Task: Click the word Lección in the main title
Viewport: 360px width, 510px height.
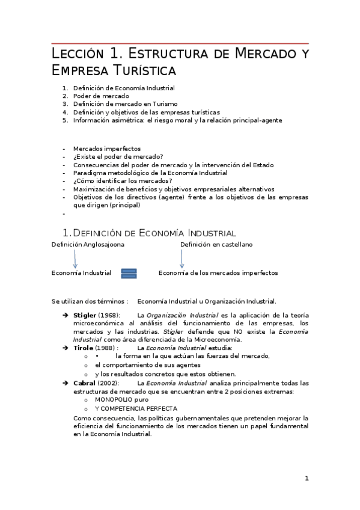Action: pyautogui.click(x=75, y=54)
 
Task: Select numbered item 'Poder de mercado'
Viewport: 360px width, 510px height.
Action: pyautogui.click(x=101, y=96)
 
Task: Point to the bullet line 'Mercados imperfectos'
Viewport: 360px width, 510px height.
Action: pyautogui.click(x=106, y=149)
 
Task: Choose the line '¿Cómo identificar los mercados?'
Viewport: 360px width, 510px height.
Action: pyautogui.click(x=123, y=180)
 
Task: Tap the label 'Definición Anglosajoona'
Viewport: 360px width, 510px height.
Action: pyautogui.click(x=88, y=245)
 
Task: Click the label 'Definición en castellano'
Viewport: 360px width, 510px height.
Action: pyautogui.click(x=216, y=245)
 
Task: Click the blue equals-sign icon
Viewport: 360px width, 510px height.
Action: pyautogui.click(x=129, y=273)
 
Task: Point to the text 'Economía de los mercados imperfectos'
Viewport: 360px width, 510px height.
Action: pyautogui.click(x=218, y=273)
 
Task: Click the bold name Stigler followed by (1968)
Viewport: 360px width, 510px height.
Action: pyautogui.click(x=84, y=315)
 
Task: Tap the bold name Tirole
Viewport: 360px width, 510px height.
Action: pyautogui.click(x=83, y=348)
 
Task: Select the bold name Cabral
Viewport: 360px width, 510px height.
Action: pyautogui.click(x=84, y=383)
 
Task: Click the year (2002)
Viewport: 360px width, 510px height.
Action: pyautogui.click(x=109, y=383)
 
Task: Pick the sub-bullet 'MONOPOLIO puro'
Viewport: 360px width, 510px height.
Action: pyautogui.click(x=121, y=399)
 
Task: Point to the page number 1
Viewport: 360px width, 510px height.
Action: pyautogui.click(x=307, y=479)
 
